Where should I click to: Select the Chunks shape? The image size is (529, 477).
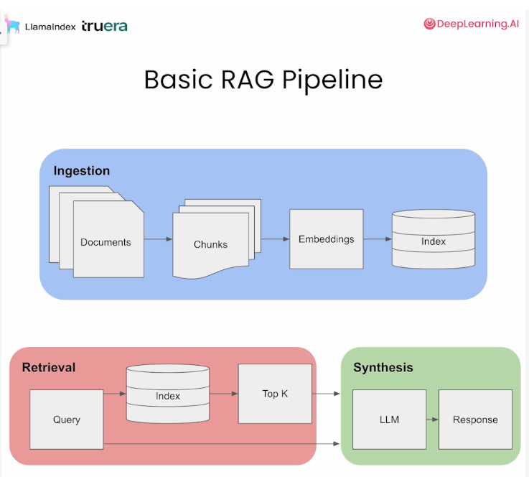(210, 244)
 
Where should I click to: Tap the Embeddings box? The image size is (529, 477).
(327, 239)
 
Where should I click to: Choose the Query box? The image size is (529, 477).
(67, 420)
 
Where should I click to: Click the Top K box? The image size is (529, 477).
(275, 394)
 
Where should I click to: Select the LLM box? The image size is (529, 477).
(389, 420)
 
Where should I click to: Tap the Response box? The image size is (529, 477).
(475, 420)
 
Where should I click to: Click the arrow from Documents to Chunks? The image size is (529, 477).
(158, 239)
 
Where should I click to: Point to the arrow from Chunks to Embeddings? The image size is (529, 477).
(276, 239)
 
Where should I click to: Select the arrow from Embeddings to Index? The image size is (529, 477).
(378, 239)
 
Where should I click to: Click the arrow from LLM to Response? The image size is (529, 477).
(432, 420)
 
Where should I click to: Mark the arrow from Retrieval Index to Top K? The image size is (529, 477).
(224, 394)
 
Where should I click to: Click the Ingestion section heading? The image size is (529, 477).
(82, 171)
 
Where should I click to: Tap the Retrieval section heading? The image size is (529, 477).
(49, 367)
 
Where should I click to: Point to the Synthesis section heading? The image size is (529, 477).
(383, 368)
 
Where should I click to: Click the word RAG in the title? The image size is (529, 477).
(248, 80)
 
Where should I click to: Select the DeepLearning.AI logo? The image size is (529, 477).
(472, 24)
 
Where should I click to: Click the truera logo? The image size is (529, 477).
(105, 26)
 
